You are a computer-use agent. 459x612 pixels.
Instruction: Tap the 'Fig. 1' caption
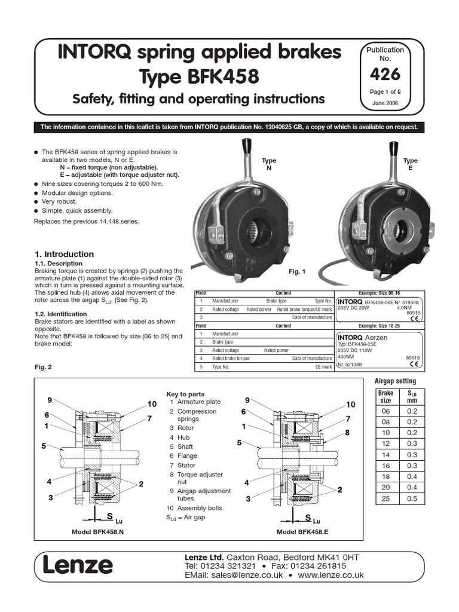297,272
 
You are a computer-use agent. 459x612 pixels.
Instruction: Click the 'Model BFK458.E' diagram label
301,531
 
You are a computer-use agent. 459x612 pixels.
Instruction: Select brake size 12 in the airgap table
385,444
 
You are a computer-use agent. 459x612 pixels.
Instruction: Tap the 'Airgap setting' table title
395,381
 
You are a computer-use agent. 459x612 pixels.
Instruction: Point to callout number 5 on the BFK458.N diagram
44,446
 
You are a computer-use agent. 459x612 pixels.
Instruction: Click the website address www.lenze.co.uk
331,575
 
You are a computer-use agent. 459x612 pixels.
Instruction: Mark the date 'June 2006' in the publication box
384,103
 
